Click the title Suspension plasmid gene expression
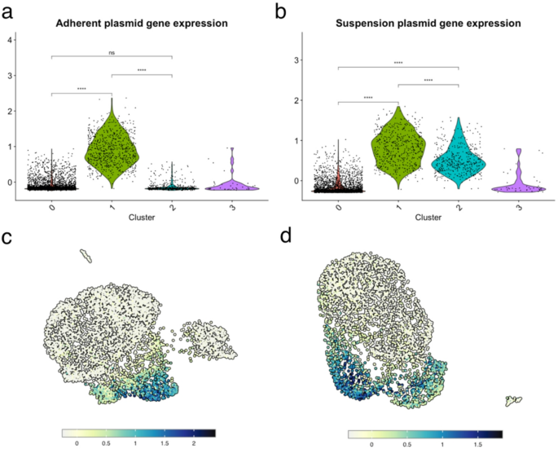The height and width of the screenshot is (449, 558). click(428, 24)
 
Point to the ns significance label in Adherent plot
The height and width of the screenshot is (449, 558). click(112, 51)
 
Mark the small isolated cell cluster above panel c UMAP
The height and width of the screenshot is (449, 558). click(84, 257)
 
